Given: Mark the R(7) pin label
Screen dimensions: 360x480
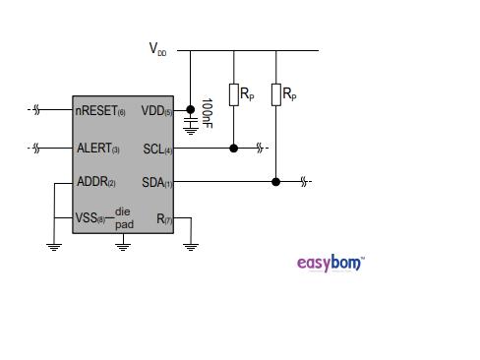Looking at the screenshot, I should click(163, 217).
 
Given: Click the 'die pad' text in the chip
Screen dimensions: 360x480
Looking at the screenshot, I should click(124, 218).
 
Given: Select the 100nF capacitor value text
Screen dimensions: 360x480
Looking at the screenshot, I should click(207, 111).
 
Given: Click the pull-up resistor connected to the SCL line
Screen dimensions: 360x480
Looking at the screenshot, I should click(233, 94).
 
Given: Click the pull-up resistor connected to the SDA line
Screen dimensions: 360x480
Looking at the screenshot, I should click(275, 94).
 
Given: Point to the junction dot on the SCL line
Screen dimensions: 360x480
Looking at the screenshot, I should click(233, 149).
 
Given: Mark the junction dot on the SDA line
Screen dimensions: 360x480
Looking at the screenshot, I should click(275, 182).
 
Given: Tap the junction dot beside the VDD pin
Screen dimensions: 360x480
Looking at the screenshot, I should click(190, 111).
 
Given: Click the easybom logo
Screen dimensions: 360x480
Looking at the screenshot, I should click(330, 263).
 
